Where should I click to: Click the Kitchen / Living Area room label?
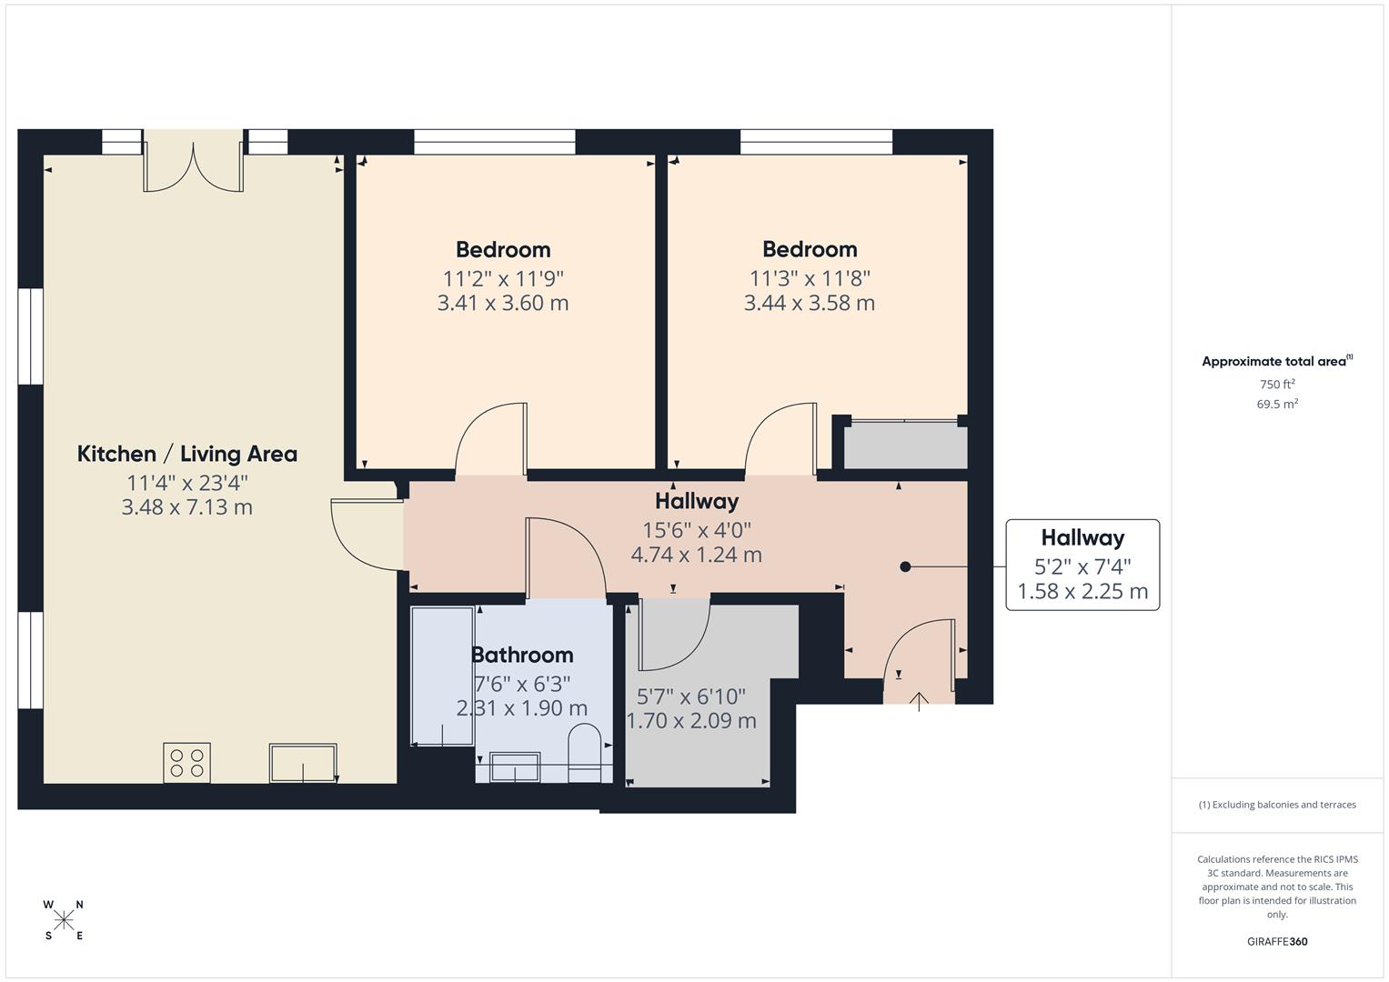186,454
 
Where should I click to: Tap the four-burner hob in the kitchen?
186,762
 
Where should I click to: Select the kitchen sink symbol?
303,763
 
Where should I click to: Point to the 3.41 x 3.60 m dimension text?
503,304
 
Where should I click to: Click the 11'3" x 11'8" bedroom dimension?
810,278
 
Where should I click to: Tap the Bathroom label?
521,655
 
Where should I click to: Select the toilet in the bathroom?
585,753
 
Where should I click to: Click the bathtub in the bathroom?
442,676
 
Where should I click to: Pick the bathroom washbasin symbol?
515,767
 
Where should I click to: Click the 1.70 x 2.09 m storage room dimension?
691,721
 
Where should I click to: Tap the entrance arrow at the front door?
919,701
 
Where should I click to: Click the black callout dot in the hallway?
905,566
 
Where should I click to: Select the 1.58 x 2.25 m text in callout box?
1082,592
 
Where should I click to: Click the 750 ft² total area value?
1277,385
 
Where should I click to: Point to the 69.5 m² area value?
1277,405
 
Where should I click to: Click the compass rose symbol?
64,920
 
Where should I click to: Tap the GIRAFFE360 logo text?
1277,941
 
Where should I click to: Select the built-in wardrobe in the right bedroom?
905,446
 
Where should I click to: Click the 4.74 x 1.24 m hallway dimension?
696,555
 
